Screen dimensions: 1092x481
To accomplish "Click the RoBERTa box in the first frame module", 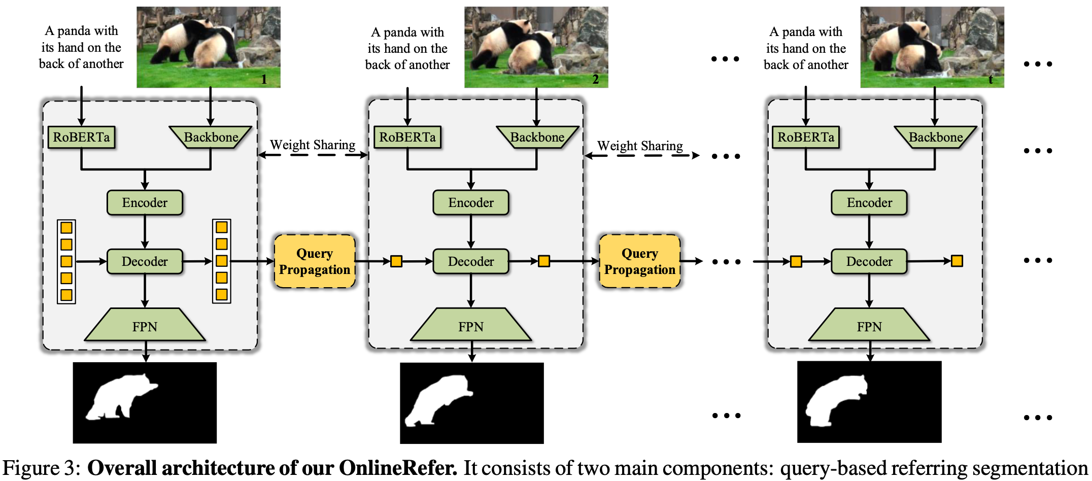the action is [81, 138].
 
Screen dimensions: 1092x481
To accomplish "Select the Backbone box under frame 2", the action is [537, 138].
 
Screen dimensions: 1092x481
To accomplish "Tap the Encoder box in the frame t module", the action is [869, 202].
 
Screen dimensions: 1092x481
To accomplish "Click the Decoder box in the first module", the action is [145, 261].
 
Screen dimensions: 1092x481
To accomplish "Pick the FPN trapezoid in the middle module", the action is [471, 325].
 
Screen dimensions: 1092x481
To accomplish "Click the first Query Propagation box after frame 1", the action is [315, 261].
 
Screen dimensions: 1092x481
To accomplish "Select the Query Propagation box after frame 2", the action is [640, 261].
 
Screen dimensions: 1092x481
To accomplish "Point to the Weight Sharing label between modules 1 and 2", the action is [313, 145].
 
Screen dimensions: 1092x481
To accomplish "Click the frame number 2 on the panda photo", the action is [596, 79].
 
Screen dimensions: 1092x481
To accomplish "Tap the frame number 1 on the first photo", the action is [264, 79].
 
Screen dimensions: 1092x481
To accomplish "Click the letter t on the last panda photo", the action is [991, 79].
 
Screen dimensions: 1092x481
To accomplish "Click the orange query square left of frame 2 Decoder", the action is [396, 261].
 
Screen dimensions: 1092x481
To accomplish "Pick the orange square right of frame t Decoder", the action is [957, 261].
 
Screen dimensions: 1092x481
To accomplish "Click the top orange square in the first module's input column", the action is [66, 227].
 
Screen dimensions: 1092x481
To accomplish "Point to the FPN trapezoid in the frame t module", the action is [869, 325].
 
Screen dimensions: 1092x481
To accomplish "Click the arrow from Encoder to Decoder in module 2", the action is [471, 232].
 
